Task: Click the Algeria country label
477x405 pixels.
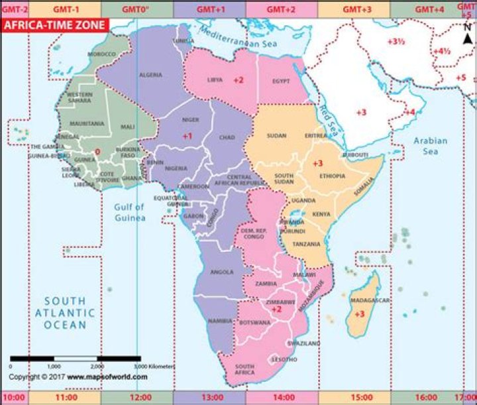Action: pos(150,75)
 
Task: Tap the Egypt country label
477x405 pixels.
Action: pos(282,81)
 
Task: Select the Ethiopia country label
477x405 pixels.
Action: pos(331,176)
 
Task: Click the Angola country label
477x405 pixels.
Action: pos(222,272)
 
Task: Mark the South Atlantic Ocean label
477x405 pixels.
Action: pos(65,312)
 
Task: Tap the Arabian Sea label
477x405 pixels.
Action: pos(431,146)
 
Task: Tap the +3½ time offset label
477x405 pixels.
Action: pos(396,41)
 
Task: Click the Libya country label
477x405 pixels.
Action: pos(215,80)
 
